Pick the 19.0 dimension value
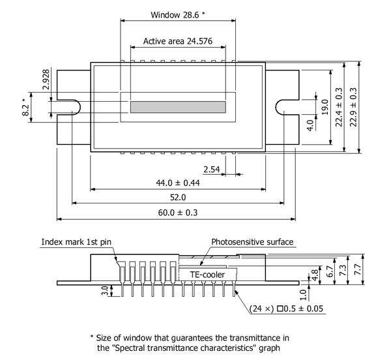[x=324, y=105]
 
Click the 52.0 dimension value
[x=177, y=197]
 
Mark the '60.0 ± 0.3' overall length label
[x=177, y=213]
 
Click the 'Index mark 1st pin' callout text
[x=76, y=242]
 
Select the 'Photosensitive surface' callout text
[x=252, y=242]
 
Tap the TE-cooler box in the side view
[x=208, y=275]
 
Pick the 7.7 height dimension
[x=357, y=268]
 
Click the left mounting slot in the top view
[x=70, y=106]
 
